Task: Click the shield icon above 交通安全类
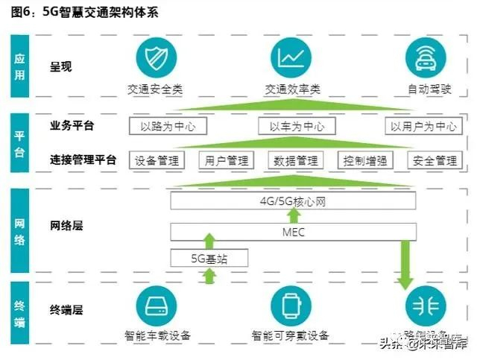[155, 59]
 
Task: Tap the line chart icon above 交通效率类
[292, 59]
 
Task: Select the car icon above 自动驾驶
[426, 59]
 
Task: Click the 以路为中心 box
[168, 126]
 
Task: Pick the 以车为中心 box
[297, 126]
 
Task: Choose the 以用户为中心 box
[424, 126]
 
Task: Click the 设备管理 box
[157, 160]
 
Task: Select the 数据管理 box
[296, 160]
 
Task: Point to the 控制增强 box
[365, 160]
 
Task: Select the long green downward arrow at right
[406, 264]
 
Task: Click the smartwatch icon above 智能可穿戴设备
[291, 306]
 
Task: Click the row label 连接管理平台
[83, 160]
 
